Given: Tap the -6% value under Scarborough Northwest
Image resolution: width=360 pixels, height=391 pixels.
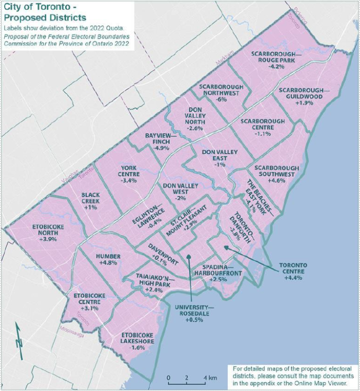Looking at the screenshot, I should [222, 99].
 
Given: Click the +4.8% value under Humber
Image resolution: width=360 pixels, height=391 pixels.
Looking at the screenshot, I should [109, 263].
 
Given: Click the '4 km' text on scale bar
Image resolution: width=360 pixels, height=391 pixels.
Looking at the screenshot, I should [208, 378].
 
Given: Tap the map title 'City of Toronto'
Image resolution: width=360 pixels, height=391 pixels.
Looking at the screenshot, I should [38, 9].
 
